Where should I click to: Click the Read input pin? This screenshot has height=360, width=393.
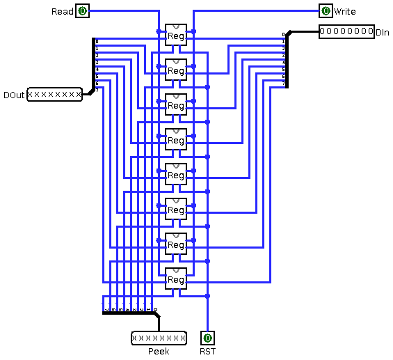(x=82, y=11)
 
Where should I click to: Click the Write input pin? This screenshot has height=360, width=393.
(x=326, y=11)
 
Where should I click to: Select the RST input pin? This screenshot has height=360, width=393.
(x=207, y=338)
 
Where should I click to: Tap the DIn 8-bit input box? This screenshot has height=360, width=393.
(x=346, y=32)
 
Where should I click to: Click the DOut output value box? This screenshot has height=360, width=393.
(x=54, y=95)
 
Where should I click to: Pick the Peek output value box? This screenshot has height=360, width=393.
(x=159, y=338)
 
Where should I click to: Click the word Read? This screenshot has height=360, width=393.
(x=62, y=12)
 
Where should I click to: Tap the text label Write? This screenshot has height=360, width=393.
(x=345, y=12)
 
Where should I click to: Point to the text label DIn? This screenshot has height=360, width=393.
(x=383, y=33)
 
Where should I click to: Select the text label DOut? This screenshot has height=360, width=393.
(x=14, y=95)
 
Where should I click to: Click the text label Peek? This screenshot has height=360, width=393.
(x=159, y=352)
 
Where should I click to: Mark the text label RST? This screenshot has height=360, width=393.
(x=207, y=352)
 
